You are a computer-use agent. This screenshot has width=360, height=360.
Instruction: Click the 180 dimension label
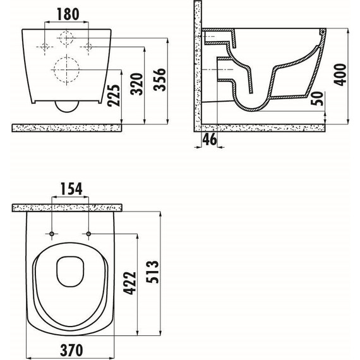pyautogui.click(x=68, y=14)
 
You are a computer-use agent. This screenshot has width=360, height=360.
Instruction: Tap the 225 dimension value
pyautogui.click(x=114, y=95)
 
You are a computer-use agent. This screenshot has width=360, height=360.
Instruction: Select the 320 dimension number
pyautogui.click(x=137, y=84)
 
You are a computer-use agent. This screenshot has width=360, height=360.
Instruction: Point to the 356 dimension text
pyautogui.click(x=160, y=80)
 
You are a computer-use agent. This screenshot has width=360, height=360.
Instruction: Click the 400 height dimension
pyautogui.click(x=340, y=75)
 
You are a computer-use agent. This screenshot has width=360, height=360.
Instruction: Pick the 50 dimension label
pyautogui.click(x=317, y=99)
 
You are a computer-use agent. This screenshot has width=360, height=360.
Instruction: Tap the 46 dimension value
pyautogui.click(x=210, y=139)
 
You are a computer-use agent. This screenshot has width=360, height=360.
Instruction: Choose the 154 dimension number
pyautogui.click(x=71, y=189)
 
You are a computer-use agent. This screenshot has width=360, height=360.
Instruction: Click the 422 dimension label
pyautogui.click(x=129, y=283)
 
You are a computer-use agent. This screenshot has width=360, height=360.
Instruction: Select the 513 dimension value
pyautogui.click(x=152, y=272)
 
